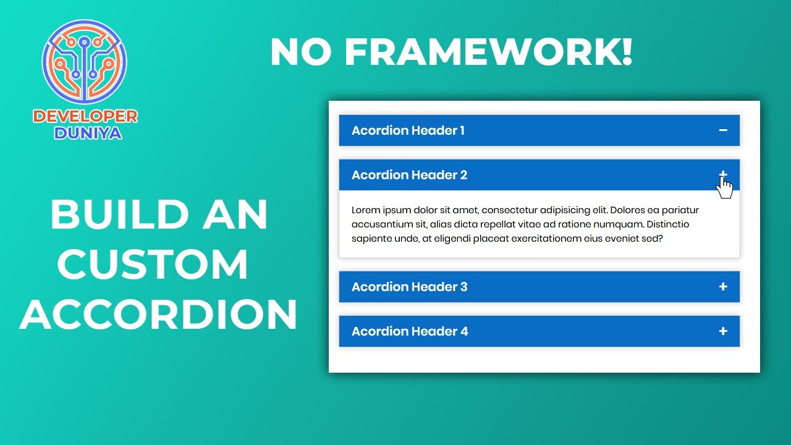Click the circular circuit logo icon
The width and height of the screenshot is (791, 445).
pos(85,62)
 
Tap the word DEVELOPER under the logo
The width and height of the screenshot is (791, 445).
pos(85,116)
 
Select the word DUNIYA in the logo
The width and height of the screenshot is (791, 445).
pos(88,133)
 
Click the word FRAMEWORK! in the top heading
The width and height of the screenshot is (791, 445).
pos(488,53)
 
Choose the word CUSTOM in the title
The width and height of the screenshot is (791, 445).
pos(153,265)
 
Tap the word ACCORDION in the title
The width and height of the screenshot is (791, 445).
pos(159,314)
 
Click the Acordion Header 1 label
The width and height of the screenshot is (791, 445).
pos(408,130)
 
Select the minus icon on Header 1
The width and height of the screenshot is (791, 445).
pos(723,130)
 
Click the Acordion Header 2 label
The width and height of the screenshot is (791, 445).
pos(409,175)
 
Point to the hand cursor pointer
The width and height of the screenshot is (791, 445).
pos(725,188)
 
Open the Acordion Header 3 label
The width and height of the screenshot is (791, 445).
pos(409,287)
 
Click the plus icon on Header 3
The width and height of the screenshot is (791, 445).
pos(723,287)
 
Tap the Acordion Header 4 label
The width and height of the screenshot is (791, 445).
pos(410,331)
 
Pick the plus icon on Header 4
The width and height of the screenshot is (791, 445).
pos(723,331)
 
